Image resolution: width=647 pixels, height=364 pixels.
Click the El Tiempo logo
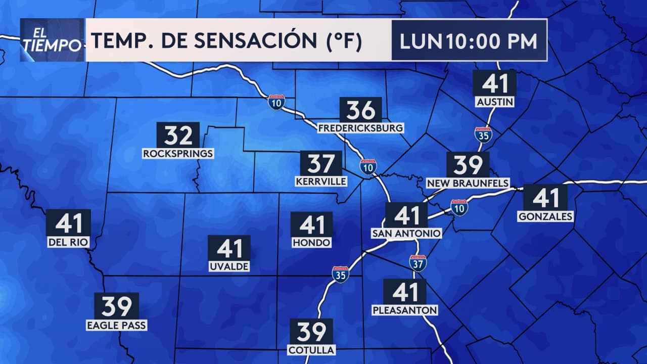pos(52,40)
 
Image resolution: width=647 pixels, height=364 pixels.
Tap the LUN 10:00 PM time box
pos(469,41)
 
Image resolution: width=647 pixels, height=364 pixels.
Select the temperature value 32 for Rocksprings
pos(178,135)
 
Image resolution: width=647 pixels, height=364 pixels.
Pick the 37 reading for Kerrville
pos(321,164)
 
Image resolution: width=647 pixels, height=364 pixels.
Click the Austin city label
pos(495,102)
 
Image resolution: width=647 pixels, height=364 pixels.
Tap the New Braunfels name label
pos(468,183)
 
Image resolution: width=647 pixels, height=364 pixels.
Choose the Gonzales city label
pos(545,216)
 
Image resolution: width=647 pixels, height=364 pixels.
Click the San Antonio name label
pos(406,233)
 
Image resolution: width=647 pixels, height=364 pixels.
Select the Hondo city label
pos(311,243)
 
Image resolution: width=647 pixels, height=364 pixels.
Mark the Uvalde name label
pos(229,266)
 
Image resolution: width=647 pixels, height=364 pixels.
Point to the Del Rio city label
pos(68,242)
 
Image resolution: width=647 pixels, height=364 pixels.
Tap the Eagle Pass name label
pos(116,325)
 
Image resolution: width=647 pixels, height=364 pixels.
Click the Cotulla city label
pos(311,350)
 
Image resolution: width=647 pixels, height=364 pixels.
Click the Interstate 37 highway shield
pos(418,263)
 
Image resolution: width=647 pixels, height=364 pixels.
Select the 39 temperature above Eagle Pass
pos(116,306)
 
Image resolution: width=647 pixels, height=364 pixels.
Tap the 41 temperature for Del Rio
pos(68,222)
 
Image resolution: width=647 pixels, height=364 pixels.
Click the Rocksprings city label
pos(178,153)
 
